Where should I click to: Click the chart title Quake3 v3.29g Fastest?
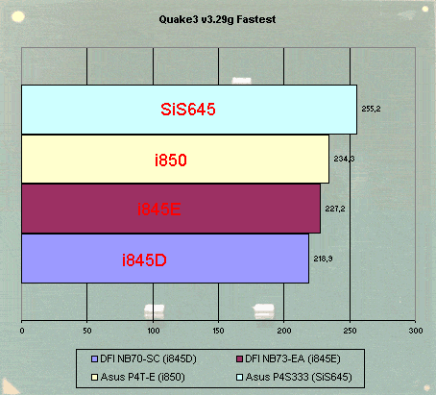pos(217,20)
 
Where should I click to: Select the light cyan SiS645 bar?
pos(189,110)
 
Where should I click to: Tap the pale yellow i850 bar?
pos(175,160)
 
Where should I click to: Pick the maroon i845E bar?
pos(171,209)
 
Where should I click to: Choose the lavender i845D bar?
pos(165,259)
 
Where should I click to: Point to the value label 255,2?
pos(371,109)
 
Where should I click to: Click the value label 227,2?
pos(335,209)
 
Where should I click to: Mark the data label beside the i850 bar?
pos(344,159)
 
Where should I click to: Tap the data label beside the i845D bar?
pos(323,259)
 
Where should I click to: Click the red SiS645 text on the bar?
pos(188,110)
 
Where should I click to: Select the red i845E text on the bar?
pos(159,210)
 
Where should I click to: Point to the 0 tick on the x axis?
pos(22,331)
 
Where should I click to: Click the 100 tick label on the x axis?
pos(154,331)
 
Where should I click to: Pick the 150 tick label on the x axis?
pos(219,331)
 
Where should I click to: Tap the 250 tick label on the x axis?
pos(350,331)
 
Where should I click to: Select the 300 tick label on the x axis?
pos(416,331)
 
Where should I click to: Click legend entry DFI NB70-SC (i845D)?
pos(144,358)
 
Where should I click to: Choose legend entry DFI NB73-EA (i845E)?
pos(288,358)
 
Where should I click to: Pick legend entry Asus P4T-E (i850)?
pos(138,377)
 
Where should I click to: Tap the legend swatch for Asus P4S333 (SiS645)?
pos(239,378)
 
